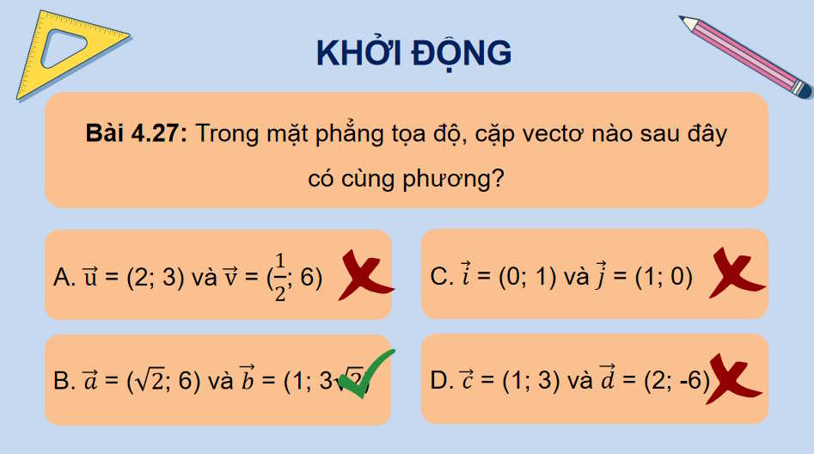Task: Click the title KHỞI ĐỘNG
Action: (413, 53)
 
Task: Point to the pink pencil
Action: (744, 55)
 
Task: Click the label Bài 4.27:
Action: (137, 134)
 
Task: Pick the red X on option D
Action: (732, 379)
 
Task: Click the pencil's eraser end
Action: (800, 88)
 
